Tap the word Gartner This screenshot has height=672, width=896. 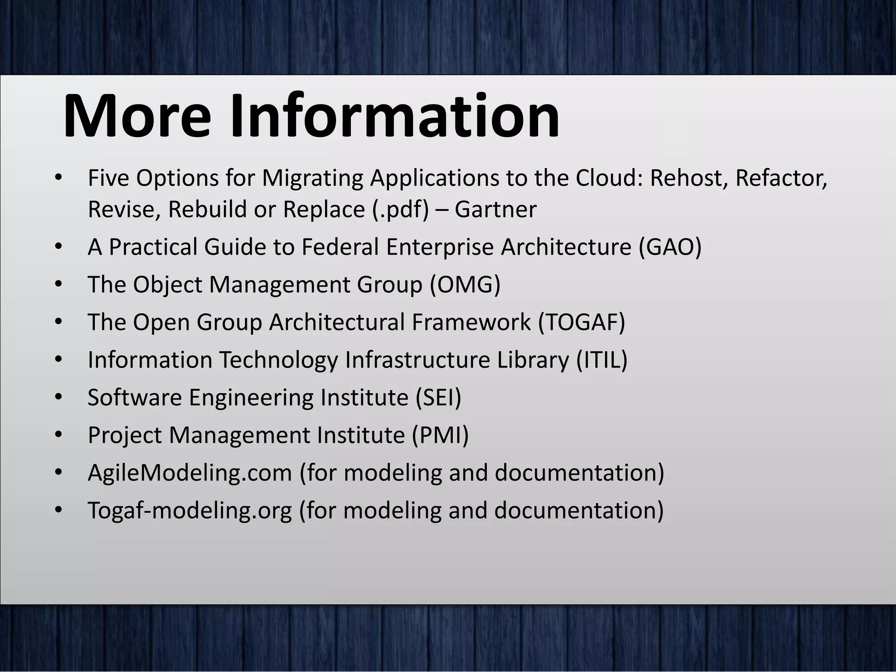pyautogui.click(x=495, y=209)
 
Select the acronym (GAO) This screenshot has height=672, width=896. pyautogui.click(x=670, y=247)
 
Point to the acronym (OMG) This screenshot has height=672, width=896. pyautogui.click(x=465, y=285)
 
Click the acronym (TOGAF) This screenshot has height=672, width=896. pyautogui.click(x=581, y=322)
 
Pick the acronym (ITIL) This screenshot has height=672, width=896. pyautogui.click(x=602, y=360)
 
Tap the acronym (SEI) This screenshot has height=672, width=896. pyautogui.click(x=435, y=398)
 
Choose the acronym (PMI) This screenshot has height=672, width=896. pyautogui.click(x=440, y=435)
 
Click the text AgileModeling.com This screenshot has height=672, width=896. pyautogui.click(x=189, y=473)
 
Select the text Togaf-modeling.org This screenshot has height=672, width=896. pyautogui.click(x=189, y=511)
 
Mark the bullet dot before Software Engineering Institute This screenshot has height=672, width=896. pyautogui.click(x=59, y=398)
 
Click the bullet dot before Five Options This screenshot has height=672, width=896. pyautogui.click(x=59, y=178)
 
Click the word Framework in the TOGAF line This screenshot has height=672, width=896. pyautogui.click(x=471, y=322)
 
